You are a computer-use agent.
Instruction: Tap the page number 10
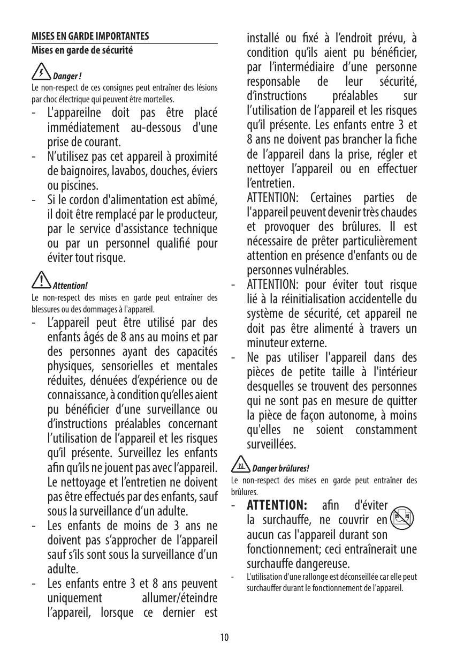(224, 637)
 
